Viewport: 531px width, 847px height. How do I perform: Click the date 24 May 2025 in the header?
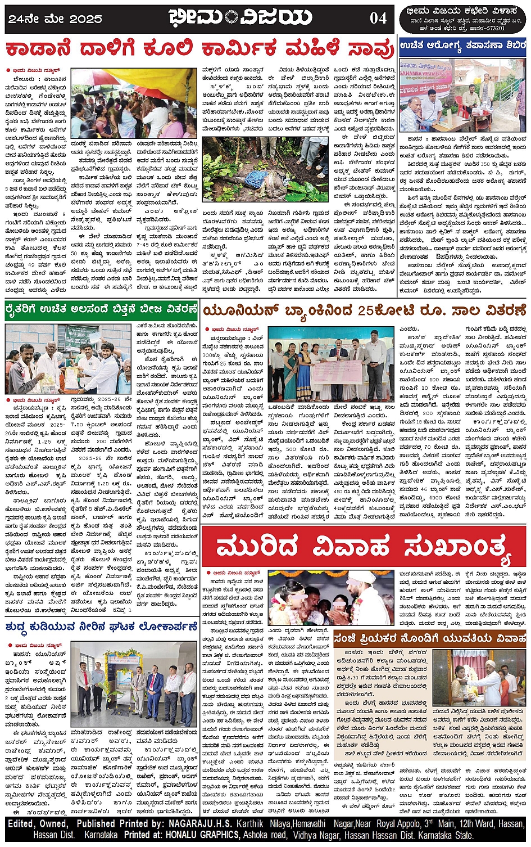coord(55,19)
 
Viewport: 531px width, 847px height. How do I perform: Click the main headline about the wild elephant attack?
coord(199,49)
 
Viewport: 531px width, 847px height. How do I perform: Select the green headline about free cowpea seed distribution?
coord(102,309)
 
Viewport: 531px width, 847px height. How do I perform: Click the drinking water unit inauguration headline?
coord(102,627)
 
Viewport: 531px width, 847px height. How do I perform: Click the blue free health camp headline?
coord(462,44)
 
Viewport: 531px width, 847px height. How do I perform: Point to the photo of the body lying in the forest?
coord(265,169)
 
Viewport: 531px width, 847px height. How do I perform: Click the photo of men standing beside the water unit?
coord(134,683)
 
